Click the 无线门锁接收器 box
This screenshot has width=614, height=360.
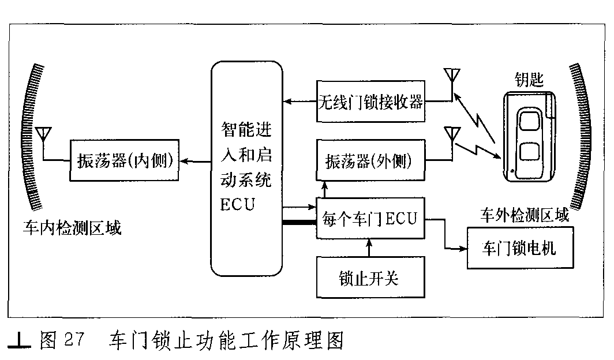[370, 102]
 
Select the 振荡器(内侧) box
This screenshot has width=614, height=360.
[124, 160]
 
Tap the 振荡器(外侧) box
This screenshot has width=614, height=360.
[370, 160]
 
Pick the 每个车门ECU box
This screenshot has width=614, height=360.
[370, 218]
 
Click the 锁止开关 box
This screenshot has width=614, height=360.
[370, 277]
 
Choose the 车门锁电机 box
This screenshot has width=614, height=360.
[520, 247]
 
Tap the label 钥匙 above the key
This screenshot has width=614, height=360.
[529, 80]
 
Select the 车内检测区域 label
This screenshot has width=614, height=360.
[72, 228]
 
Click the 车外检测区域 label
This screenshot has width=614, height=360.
[525, 215]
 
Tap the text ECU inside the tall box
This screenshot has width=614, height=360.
[237, 205]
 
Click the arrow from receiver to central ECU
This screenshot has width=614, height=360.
[299, 102]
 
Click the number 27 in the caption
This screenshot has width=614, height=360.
[74, 339]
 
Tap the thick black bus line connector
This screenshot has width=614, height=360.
[299, 223]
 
